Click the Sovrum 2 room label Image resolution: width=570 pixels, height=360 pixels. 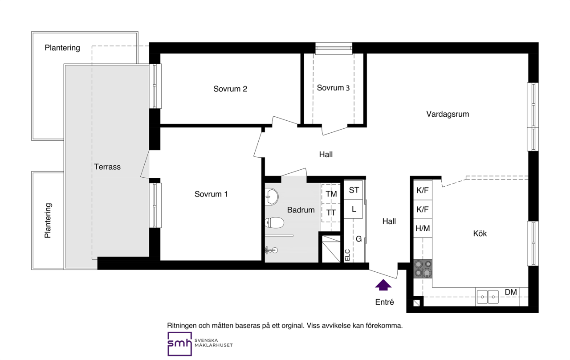230,89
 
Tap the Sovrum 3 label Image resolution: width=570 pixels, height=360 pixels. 333,88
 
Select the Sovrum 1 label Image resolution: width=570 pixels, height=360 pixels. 211,194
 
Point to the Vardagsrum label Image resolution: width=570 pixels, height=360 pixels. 448,114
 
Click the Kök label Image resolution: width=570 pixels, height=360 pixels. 480,233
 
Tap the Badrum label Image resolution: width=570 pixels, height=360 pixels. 301,210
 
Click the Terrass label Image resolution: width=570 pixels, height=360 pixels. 107,167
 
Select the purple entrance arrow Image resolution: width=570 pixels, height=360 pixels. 383,285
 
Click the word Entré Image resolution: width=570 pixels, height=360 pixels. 384,302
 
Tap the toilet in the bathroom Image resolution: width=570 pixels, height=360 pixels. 274,223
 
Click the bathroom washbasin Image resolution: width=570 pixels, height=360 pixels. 272,196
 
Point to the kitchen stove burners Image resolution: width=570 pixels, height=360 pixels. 423,269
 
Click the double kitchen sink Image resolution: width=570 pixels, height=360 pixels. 488,297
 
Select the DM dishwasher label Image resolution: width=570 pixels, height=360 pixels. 511,292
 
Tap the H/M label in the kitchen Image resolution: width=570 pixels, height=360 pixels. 423,229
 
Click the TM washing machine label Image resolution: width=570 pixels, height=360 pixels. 331,194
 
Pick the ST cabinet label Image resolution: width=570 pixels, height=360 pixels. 354,190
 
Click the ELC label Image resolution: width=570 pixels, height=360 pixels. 348,255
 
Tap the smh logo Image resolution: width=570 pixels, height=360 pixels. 179,344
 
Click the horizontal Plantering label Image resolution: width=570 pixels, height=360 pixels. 62,48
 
